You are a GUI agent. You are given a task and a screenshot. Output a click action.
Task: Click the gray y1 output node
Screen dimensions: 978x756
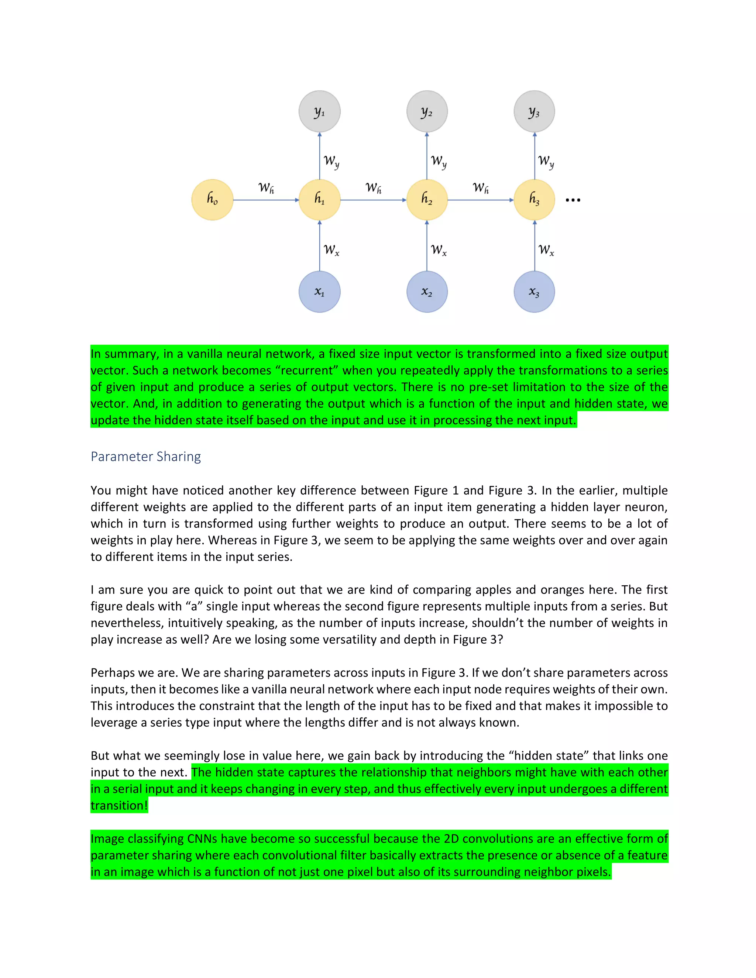pos(319,111)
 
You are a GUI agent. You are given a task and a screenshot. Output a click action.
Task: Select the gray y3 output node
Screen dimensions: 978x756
pos(534,111)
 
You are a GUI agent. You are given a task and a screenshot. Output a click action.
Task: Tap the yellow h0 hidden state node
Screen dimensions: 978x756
pos(212,200)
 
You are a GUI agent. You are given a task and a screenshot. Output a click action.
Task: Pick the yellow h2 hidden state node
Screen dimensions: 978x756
pos(427,200)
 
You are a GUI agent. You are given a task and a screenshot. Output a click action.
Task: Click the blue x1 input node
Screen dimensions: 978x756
pos(319,292)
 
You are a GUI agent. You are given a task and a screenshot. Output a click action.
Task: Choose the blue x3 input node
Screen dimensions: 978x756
pos(534,292)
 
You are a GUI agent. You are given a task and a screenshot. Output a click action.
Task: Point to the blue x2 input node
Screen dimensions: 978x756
pos(427,292)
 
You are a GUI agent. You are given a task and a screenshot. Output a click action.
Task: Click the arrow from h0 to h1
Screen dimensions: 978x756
pos(266,200)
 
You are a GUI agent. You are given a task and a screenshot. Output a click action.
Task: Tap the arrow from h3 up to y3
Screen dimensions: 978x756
pos(534,156)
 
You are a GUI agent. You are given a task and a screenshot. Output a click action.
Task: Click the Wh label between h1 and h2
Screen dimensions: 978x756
pos(373,187)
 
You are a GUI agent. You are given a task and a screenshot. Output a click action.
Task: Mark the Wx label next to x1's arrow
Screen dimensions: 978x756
pos(331,249)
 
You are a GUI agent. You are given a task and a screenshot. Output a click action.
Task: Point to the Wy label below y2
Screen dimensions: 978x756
pos(439,161)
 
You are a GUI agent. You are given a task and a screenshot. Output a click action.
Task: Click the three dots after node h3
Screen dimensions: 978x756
pos(573,200)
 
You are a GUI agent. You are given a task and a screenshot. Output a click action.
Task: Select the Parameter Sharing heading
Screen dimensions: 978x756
pos(145,456)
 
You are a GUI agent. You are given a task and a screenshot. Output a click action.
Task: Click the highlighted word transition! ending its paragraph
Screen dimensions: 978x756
pos(119,806)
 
